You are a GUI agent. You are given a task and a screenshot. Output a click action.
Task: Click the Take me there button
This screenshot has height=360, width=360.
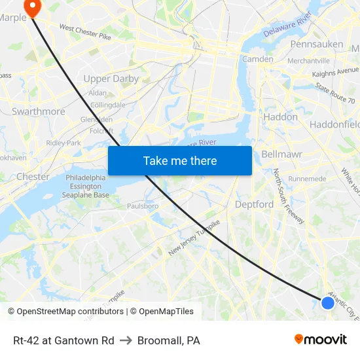tap(180, 160)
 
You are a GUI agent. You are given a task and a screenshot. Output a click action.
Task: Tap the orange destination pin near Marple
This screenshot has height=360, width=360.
tap(30, 6)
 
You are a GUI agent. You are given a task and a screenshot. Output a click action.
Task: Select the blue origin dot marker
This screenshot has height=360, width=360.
tap(328, 302)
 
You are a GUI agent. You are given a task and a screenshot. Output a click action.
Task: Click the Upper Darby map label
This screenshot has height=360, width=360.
tap(111, 79)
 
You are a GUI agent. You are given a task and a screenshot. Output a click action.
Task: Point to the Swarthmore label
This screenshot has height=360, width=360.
tap(39, 111)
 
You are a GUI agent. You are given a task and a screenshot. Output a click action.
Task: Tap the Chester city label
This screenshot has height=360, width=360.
tap(33, 177)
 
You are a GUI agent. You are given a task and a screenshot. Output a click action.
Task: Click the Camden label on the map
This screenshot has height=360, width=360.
tap(258, 59)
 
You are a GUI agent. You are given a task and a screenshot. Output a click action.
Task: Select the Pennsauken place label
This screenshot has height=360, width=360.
tap(317, 44)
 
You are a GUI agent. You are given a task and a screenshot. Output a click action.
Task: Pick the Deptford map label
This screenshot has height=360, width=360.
tap(254, 204)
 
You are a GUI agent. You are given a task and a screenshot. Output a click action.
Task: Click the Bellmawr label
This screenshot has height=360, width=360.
tap(281, 154)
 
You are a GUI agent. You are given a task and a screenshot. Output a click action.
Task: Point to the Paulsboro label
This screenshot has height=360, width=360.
tap(143, 206)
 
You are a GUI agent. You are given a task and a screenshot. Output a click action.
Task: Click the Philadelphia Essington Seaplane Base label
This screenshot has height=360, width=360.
tap(87, 187)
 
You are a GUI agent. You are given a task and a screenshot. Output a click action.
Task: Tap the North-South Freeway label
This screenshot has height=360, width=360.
tap(289, 196)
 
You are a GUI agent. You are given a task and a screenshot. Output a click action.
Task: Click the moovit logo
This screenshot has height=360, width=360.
tap(321, 339)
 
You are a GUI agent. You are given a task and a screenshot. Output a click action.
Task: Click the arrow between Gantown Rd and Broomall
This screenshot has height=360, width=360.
tap(126, 340)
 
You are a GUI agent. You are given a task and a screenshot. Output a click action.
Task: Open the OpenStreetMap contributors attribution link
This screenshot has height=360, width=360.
tap(66, 312)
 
